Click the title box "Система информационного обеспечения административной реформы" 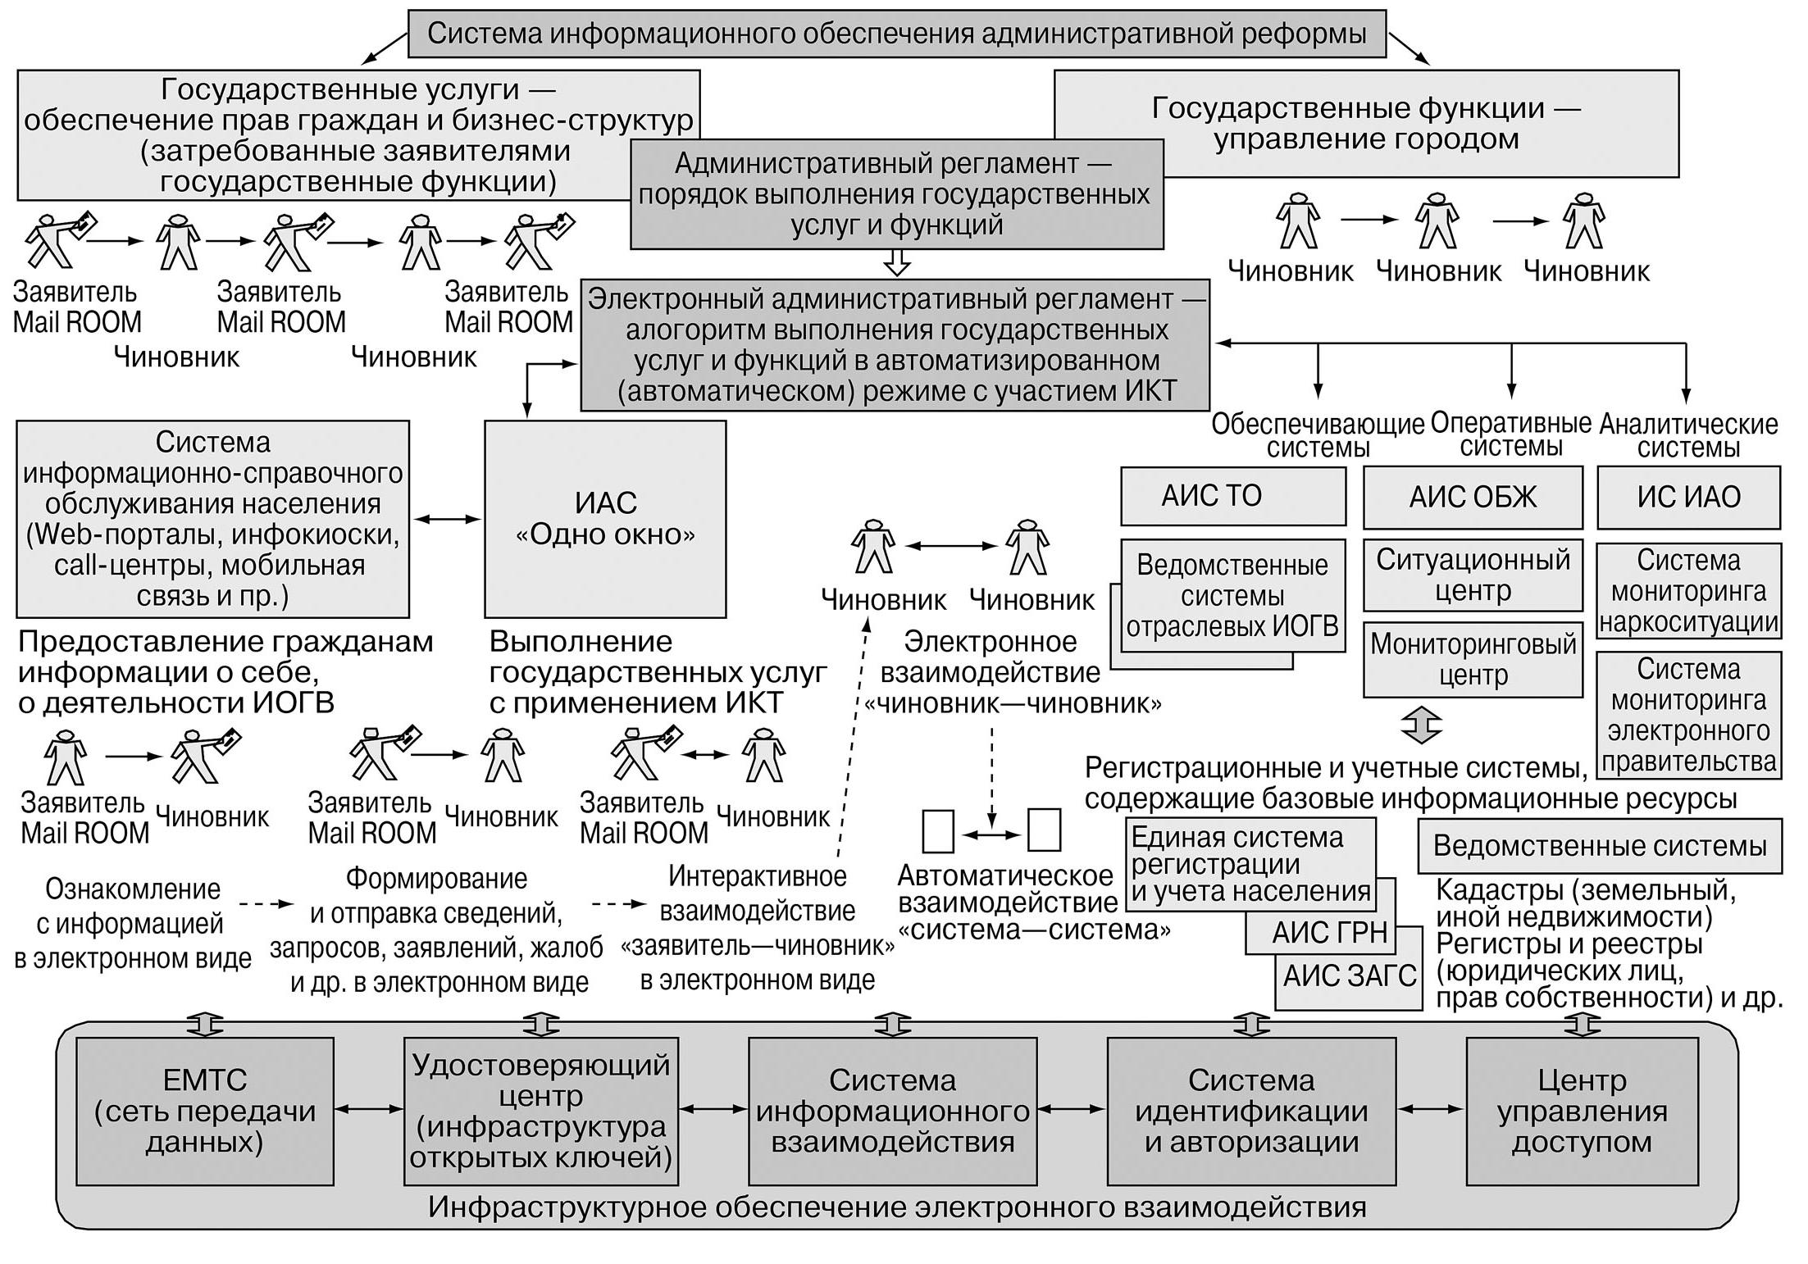(897, 34)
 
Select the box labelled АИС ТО (1233, 496)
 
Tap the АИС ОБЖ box (1473, 498)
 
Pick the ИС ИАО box (1688, 498)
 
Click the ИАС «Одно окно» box (605, 519)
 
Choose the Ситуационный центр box (1473, 575)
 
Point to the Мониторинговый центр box (1473, 660)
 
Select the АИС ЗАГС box (1349, 976)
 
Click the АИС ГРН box (1320, 933)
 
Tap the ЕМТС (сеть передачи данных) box (205, 1112)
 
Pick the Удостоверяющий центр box (541, 1112)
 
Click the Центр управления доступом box (1581, 1112)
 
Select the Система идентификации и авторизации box (1251, 1112)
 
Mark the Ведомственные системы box (1600, 846)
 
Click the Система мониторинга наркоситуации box (1689, 591)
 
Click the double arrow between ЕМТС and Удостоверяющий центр (369, 1109)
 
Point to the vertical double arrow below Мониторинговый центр (1422, 725)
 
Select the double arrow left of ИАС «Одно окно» (447, 519)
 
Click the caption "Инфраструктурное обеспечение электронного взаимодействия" (897, 1207)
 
